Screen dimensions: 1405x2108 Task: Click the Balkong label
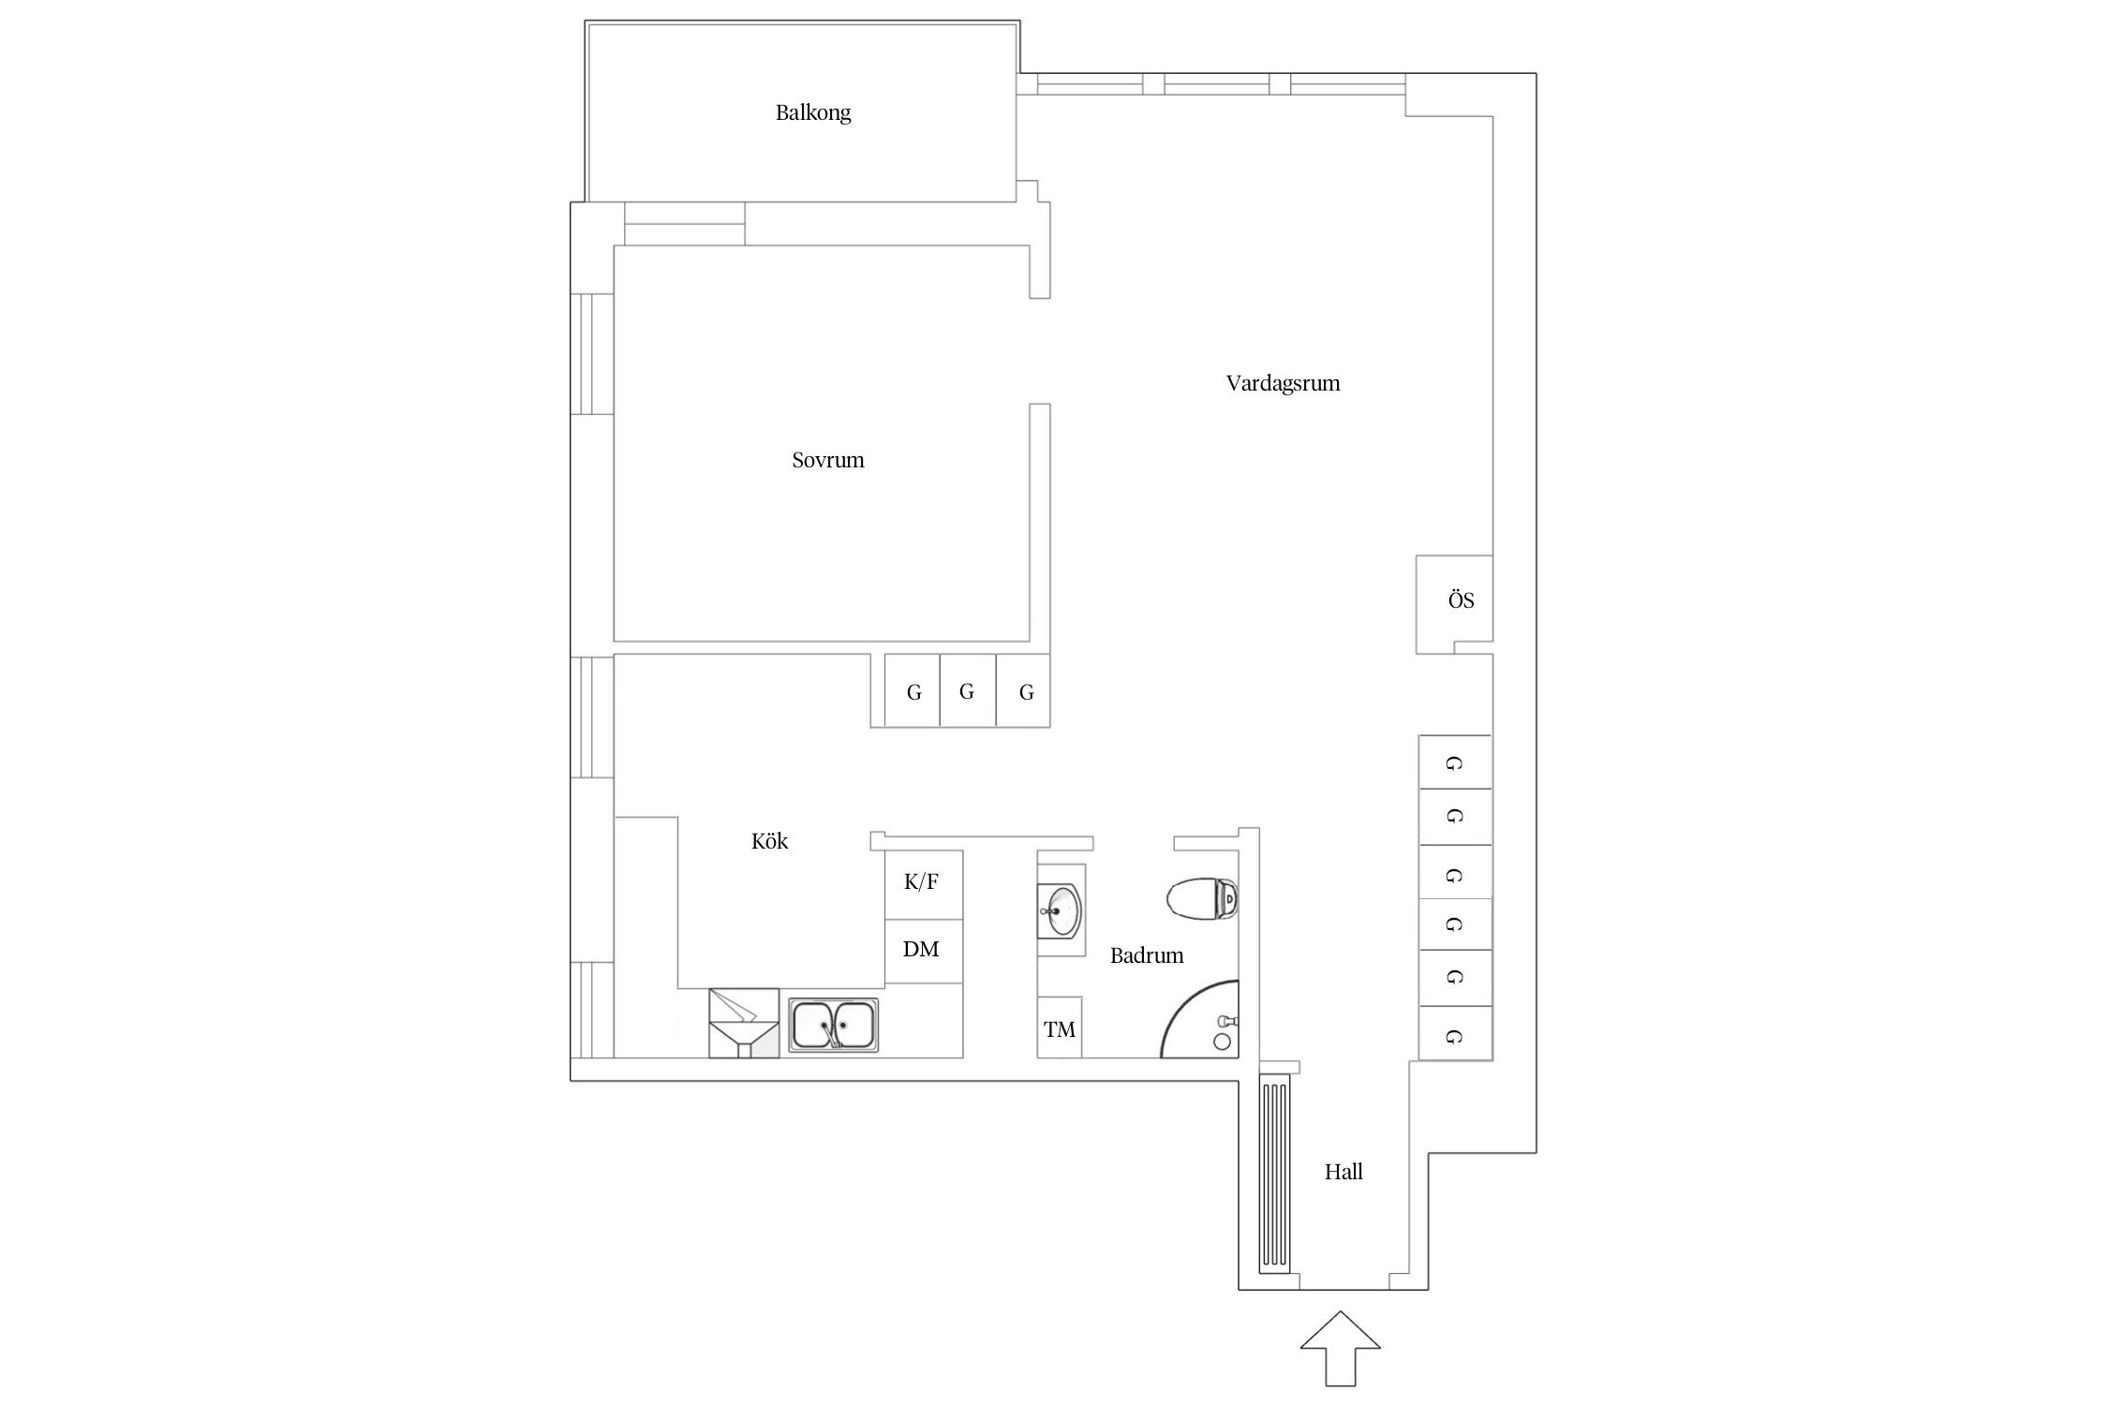click(x=812, y=113)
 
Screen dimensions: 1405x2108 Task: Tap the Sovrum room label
click(x=827, y=460)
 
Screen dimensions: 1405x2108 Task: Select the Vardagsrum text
click(x=1283, y=383)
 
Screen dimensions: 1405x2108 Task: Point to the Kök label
click(x=769, y=841)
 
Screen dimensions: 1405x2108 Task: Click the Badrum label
click(x=1146, y=955)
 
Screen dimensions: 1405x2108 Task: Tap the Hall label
click(x=1343, y=1172)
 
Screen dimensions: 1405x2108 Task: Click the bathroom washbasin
click(x=1061, y=909)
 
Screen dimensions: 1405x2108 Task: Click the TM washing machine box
click(x=1060, y=1029)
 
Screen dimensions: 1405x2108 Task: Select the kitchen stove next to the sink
click(x=744, y=1023)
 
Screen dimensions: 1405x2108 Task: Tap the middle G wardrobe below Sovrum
click(x=967, y=692)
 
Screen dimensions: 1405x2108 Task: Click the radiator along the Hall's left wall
click(x=1274, y=1176)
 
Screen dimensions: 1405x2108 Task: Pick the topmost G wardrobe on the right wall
click(x=1454, y=762)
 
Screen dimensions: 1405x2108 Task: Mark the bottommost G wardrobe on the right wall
click(x=1454, y=1035)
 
